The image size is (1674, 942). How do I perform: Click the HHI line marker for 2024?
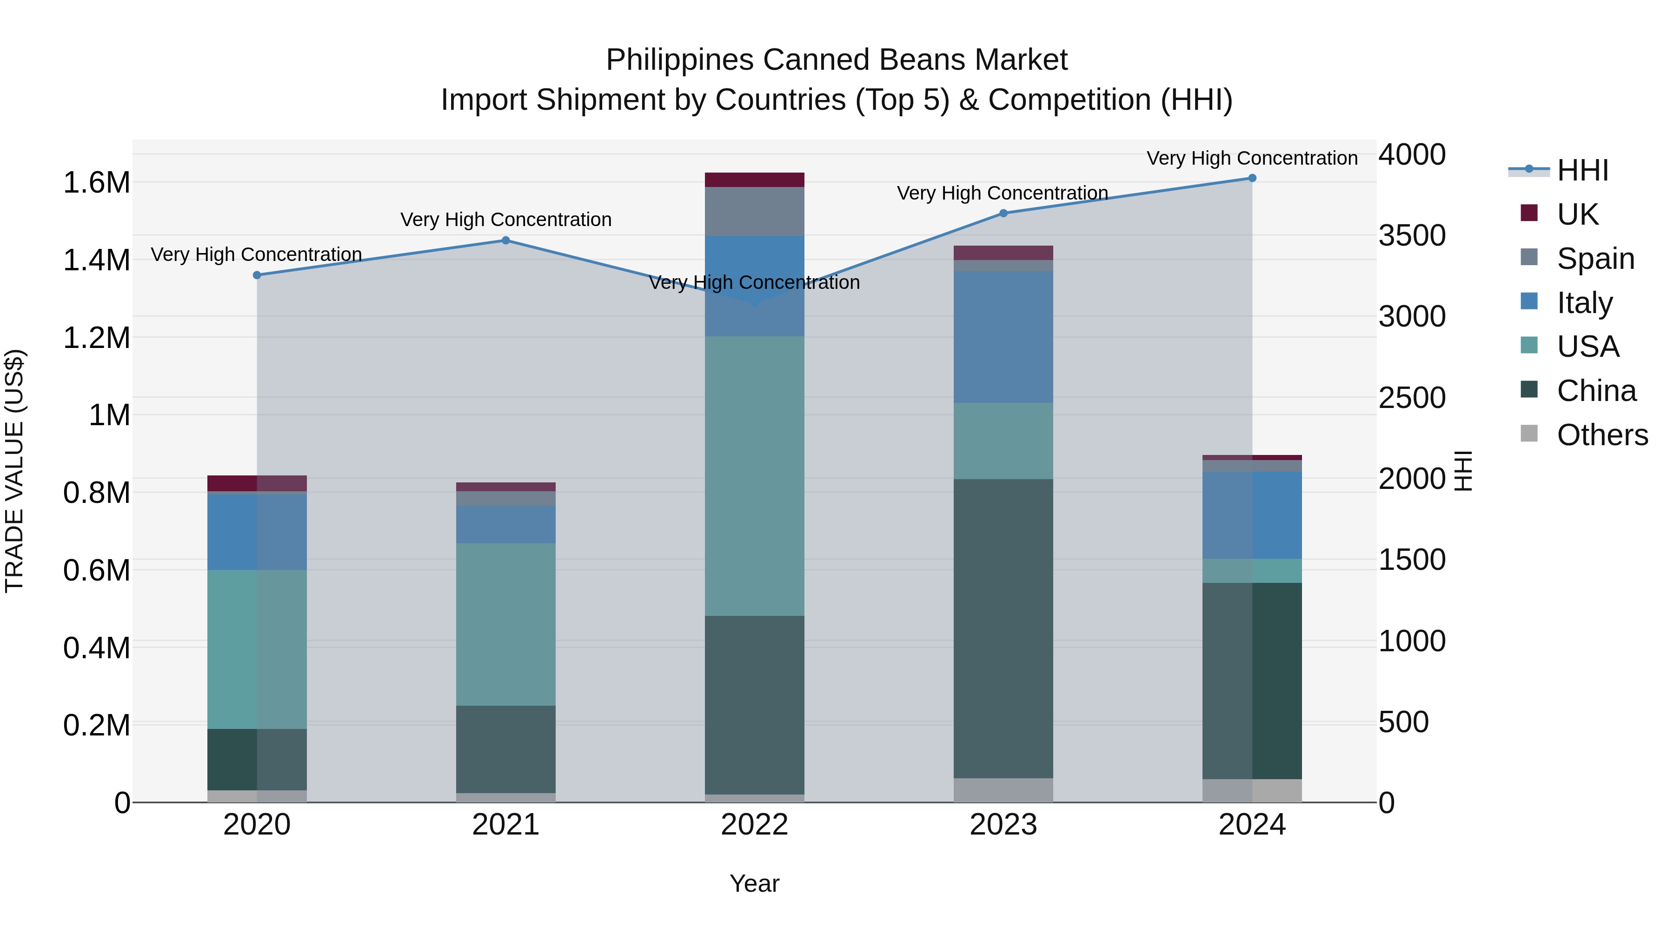(x=1252, y=178)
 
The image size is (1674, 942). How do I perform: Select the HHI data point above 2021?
(x=505, y=241)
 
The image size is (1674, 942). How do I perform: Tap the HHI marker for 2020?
(x=257, y=275)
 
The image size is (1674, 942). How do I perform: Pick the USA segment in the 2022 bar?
(x=755, y=476)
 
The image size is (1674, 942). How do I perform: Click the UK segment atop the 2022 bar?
(x=755, y=180)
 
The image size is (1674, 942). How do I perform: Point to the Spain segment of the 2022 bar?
(x=755, y=211)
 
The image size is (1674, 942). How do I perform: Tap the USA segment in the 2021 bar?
(x=505, y=624)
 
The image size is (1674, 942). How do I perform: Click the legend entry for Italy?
(x=1584, y=303)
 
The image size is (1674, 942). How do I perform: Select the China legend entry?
(x=1595, y=391)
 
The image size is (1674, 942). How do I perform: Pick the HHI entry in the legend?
(x=1582, y=170)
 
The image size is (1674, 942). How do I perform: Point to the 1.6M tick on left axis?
(x=96, y=183)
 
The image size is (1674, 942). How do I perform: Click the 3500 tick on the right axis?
(x=1411, y=235)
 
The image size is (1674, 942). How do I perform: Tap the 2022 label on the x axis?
(x=755, y=825)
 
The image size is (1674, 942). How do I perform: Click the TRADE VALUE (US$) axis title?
(x=14, y=471)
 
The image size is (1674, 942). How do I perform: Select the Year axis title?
(x=755, y=883)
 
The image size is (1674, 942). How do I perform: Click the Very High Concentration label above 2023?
(x=1002, y=193)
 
